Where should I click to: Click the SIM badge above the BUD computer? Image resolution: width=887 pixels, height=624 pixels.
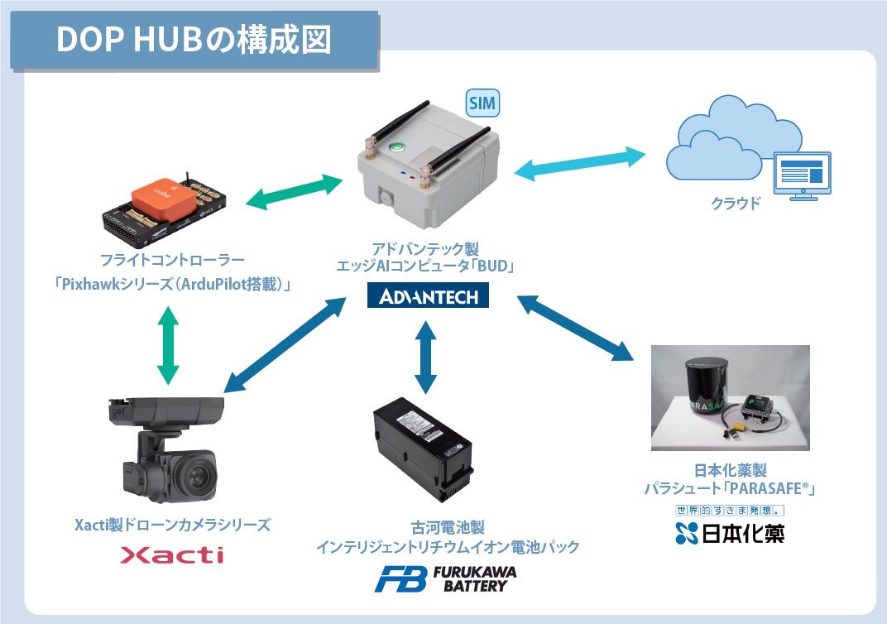[x=483, y=103]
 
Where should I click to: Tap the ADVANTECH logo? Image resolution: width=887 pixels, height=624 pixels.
[x=428, y=295]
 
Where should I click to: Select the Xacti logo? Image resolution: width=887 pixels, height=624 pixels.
[x=171, y=554]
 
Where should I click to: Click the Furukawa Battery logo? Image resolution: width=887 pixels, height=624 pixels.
[x=445, y=578]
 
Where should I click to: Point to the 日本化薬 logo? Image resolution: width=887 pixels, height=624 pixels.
[x=729, y=533]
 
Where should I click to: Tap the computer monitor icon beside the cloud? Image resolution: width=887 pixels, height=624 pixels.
[x=800, y=175]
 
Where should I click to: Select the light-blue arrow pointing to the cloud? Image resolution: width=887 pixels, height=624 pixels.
[x=579, y=164]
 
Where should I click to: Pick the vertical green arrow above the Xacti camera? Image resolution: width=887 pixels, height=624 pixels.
[x=168, y=345]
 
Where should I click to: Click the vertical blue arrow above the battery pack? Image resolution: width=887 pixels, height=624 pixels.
[x=425, y=356]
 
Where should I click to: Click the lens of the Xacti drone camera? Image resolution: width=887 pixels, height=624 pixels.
[x=195, y=475]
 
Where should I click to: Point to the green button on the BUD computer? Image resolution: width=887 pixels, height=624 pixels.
[x=398, y=149]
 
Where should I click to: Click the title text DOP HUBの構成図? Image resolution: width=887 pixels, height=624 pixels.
[x=194, y=39]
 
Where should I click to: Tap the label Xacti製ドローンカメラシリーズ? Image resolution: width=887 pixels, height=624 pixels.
[x=171, y=525]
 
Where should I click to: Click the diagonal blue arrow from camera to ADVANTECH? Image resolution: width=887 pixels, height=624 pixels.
[x=285, y=344]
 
